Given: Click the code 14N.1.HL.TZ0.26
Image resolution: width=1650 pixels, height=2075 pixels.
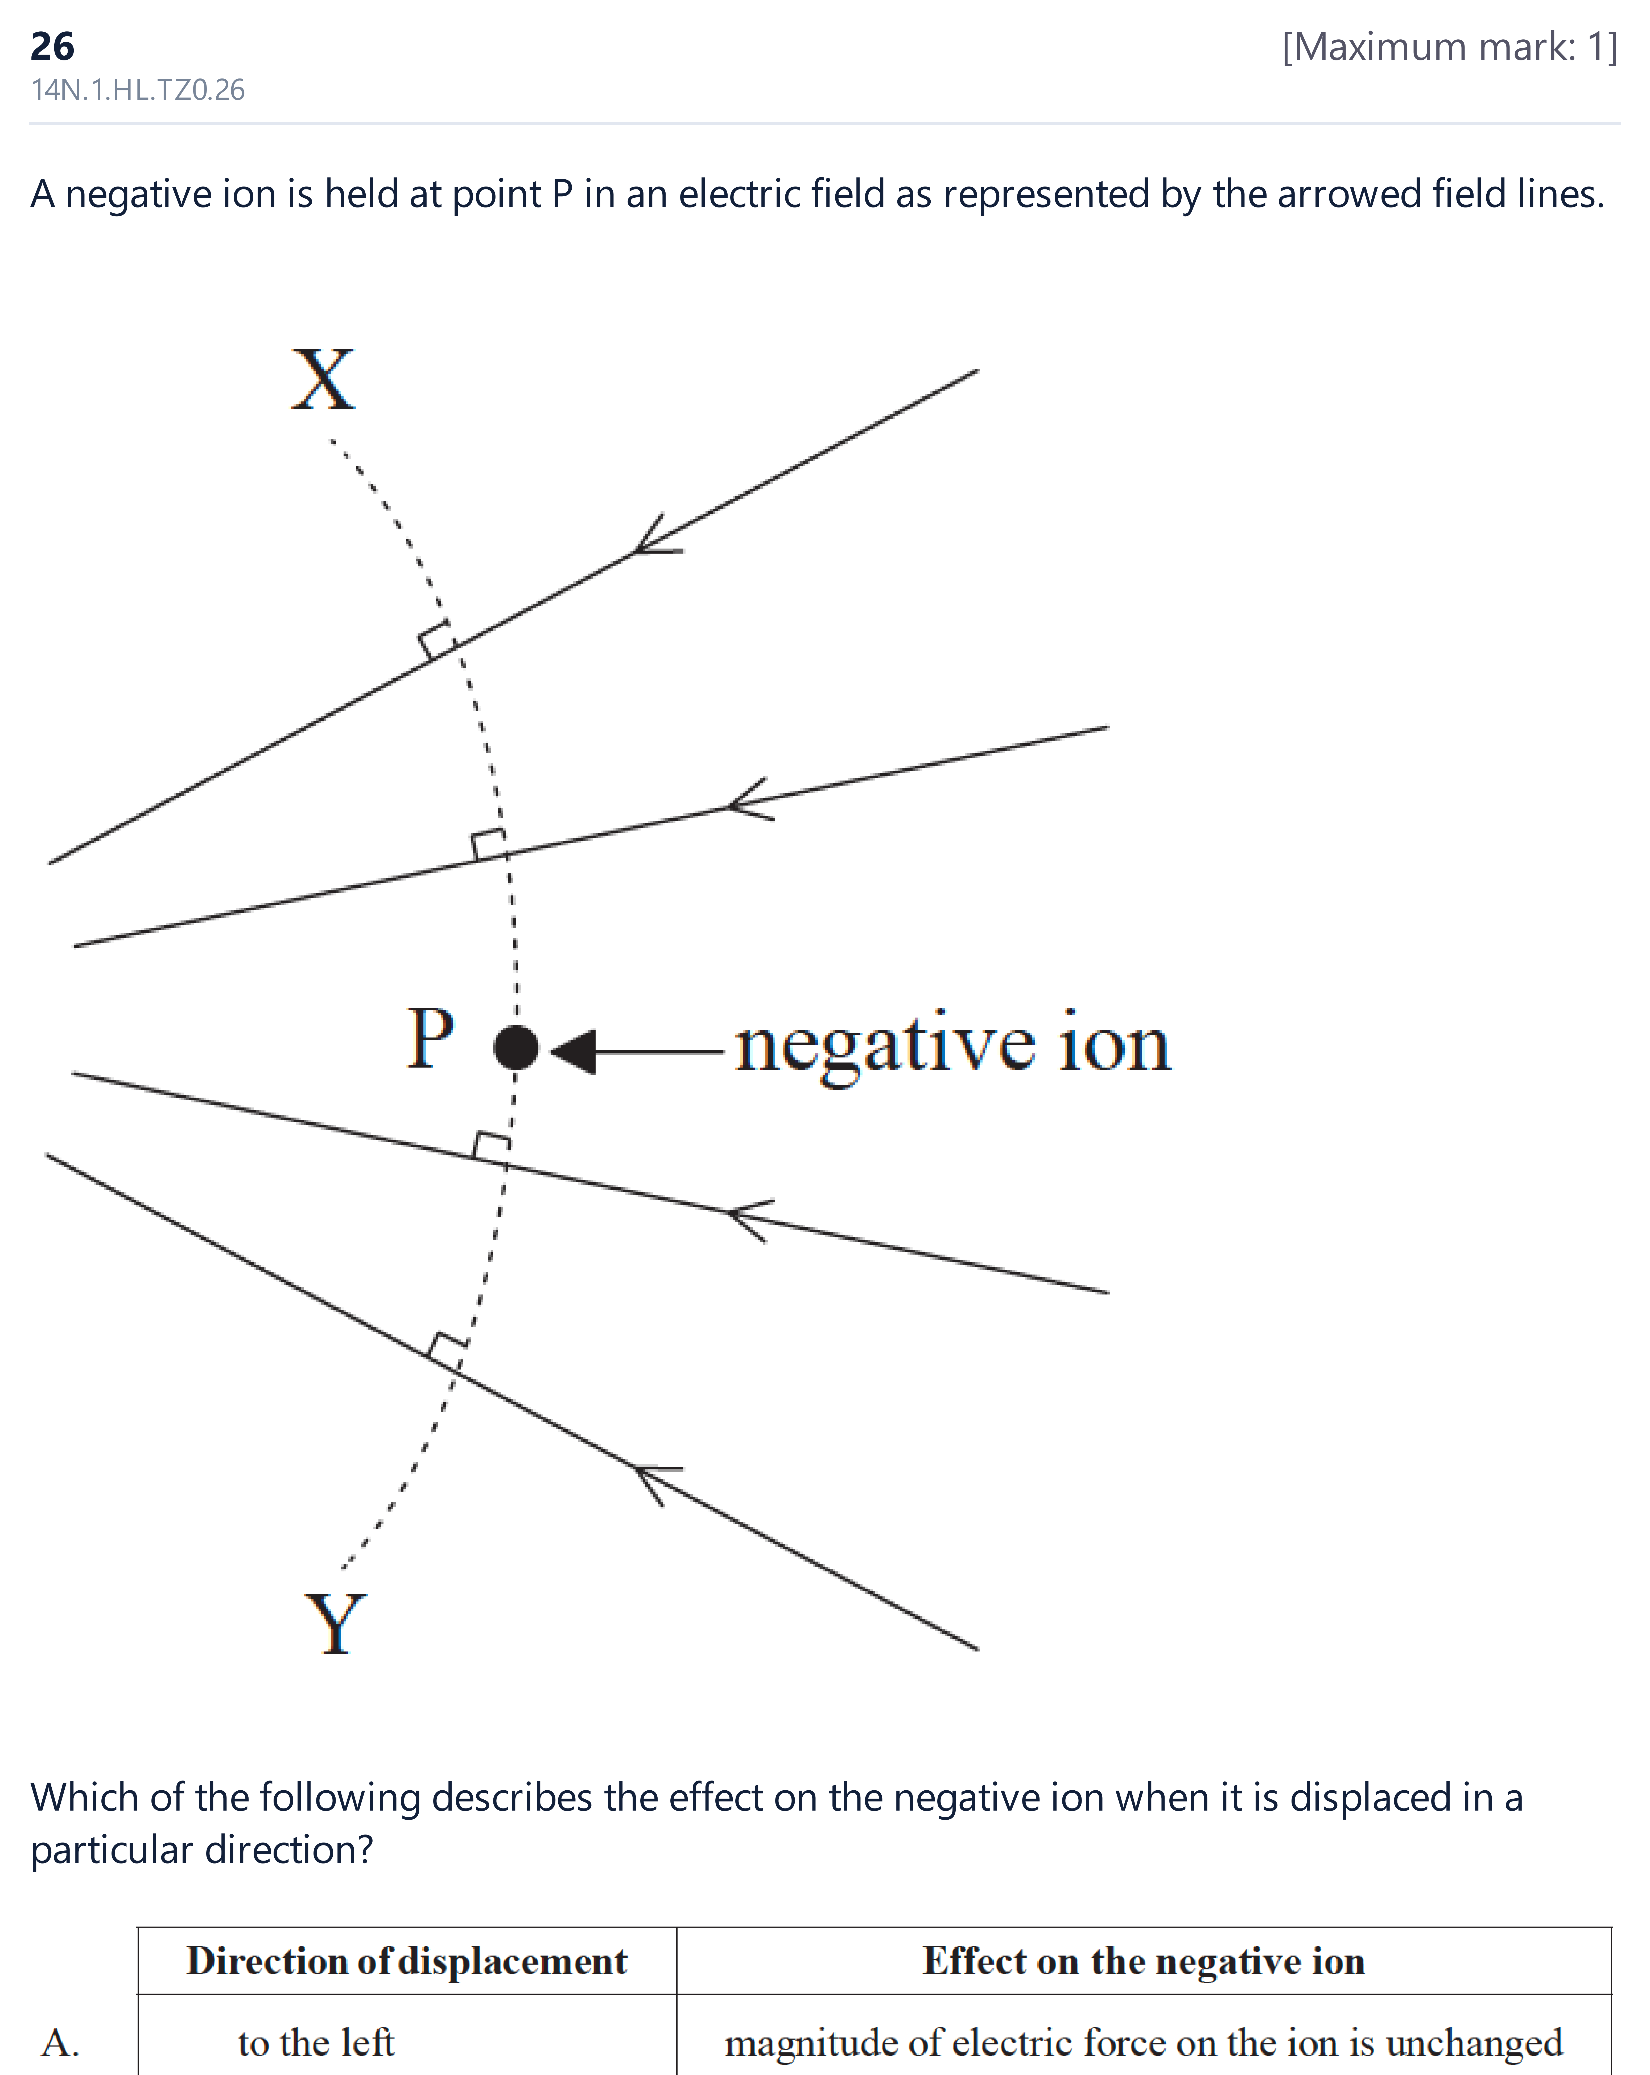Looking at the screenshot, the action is coord(138,89).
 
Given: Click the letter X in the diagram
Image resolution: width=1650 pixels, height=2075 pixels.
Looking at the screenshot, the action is coord(323,380).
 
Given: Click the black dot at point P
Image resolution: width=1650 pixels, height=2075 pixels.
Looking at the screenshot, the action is coord(516,1047).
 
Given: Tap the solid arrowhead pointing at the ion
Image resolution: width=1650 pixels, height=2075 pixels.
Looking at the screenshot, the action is coord(574,1051).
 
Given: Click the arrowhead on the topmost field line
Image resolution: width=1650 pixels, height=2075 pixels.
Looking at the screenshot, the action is coord(657,537).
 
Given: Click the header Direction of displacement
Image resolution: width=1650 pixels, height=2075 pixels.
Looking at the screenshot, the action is coord(407,1960).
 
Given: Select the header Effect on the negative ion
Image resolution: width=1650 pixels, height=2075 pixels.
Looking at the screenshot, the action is coord(1144,1960).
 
